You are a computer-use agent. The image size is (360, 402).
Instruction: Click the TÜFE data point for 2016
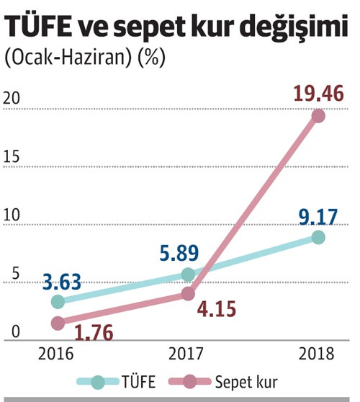pos(57,301)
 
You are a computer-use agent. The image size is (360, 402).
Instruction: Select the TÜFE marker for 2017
pos(189,274)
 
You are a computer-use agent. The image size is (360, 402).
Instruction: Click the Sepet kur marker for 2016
pos(57,323)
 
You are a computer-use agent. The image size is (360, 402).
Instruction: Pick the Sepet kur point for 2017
pos(189,293)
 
